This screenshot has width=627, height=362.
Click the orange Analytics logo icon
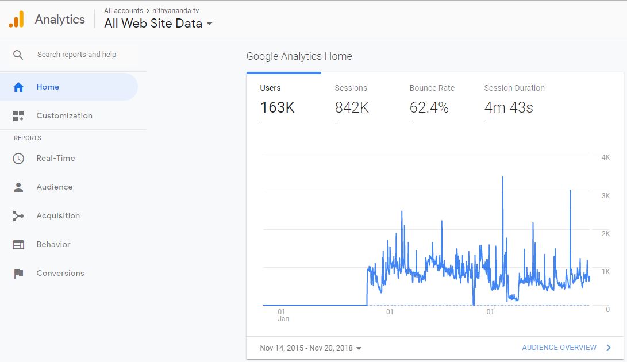[x=16, y=20]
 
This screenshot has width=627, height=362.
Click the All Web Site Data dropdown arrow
[x=209, y=24]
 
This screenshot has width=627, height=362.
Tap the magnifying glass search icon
[x=18, y=55]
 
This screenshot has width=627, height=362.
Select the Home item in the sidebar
[x=48, y=87]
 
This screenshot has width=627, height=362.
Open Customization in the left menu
[x=64, y=115]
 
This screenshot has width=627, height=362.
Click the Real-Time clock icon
[x=18, y=159]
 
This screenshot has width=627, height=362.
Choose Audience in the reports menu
[x=54, y=187]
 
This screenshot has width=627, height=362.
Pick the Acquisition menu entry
[x=57, y=216]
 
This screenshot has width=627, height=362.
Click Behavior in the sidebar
[x=53, y=245]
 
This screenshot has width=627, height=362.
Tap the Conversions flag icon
[x=18, y=274]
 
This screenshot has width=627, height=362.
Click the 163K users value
[x=277, y=107]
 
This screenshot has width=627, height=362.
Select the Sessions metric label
[x=351, y=88]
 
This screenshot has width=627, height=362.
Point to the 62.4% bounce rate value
[x=429, y=107]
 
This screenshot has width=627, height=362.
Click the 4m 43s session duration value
[x=508, y=107]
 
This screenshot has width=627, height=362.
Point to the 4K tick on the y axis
[x=605, y=157]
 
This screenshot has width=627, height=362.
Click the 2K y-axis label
[x=605, y=234]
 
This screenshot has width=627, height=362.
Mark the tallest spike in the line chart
[x=503, y=177]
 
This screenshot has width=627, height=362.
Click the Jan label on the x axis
[x=283, y=319]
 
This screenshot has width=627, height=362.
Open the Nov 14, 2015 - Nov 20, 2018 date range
[x=310, y=348]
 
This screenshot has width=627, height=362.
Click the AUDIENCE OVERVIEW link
[x=559, y=348]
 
